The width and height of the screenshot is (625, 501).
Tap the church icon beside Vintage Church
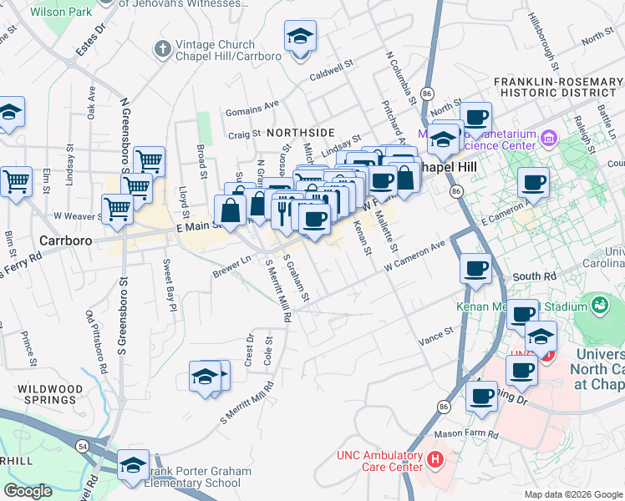click(163, 49)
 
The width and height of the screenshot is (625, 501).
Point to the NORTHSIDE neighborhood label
click(300, 133)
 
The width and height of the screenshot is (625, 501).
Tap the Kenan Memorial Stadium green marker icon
click(599, 306)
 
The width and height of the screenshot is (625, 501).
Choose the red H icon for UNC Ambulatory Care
click(434, 459)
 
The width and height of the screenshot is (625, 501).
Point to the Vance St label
click(435, 336)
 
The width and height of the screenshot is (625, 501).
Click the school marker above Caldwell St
click(300, 38)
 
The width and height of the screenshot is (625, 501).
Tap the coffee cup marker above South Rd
click(476, 269)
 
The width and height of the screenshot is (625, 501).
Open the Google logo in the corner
click(28, 491)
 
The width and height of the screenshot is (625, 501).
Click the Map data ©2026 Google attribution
click(574, 494)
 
